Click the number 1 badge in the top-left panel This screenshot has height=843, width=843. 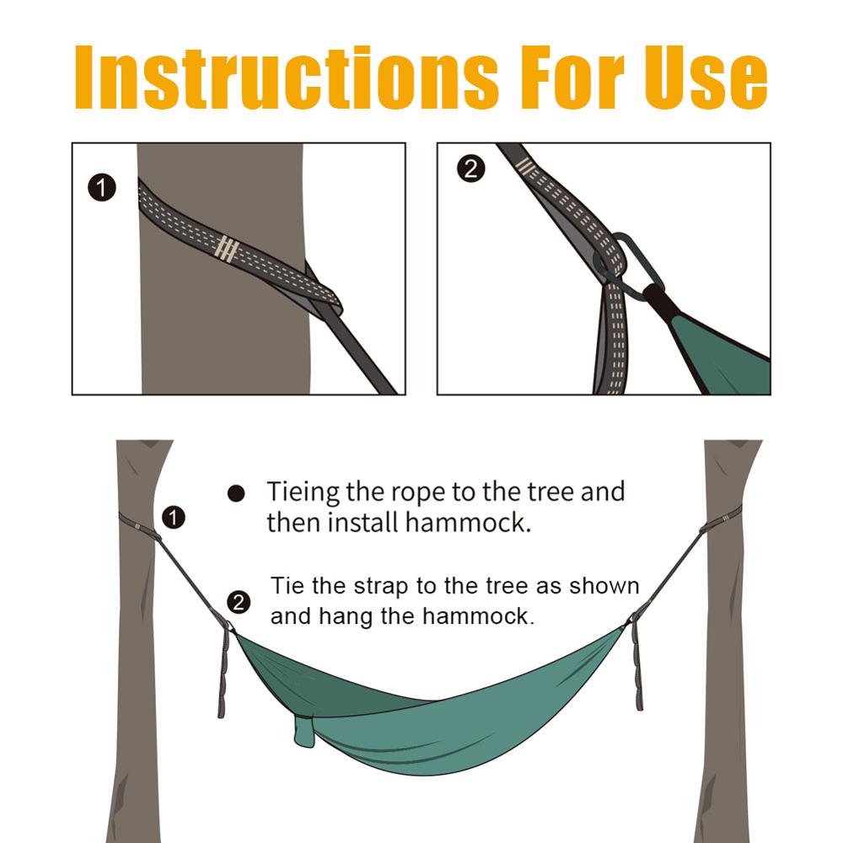102,187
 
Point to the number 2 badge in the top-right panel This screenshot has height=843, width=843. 470,169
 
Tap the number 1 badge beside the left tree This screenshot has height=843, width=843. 173,517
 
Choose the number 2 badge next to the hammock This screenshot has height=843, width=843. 239,602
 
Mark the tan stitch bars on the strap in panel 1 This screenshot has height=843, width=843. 225,248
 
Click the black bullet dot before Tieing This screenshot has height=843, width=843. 236,493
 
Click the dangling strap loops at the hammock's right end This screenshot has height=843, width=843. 636,666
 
